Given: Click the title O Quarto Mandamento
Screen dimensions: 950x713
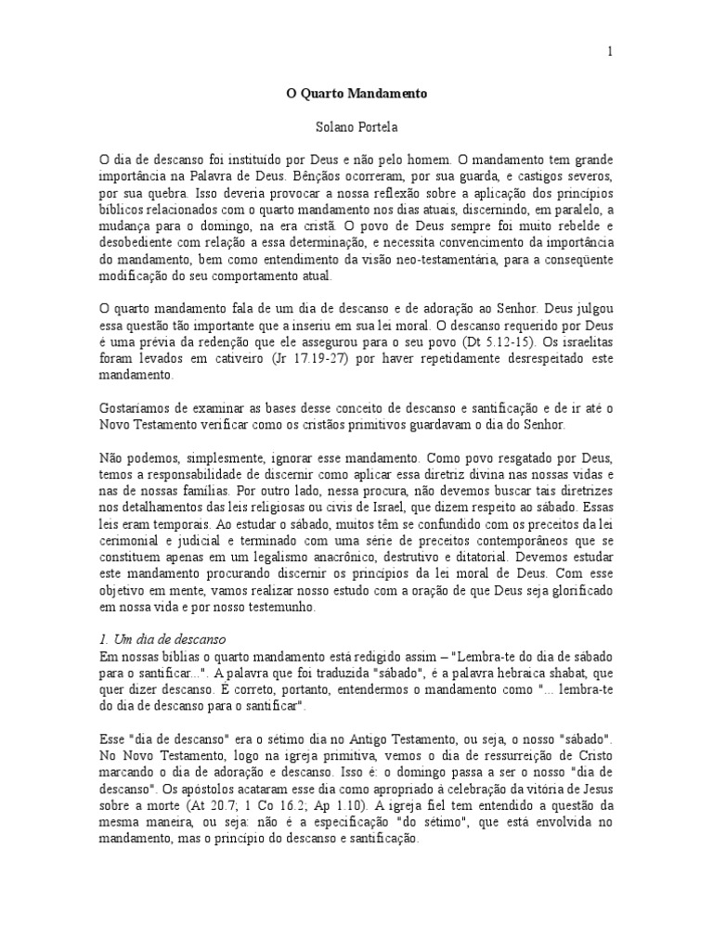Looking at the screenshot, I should [x=356, y=94].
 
